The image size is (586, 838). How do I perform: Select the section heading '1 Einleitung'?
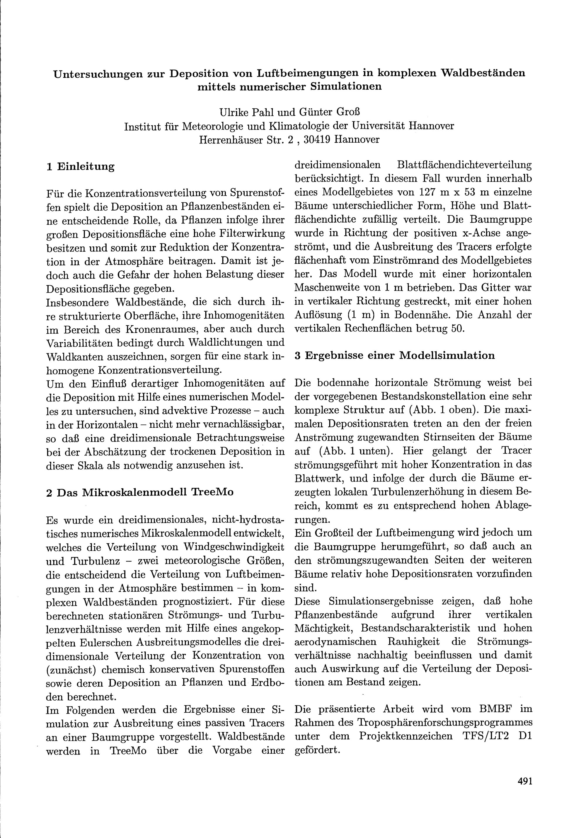tap(80, 167)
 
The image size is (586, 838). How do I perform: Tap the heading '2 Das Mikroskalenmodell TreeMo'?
tap(140, 492)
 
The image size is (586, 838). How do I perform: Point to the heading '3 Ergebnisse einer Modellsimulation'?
tap(394, 356)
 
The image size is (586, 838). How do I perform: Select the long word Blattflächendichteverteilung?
tap(464, 165)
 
